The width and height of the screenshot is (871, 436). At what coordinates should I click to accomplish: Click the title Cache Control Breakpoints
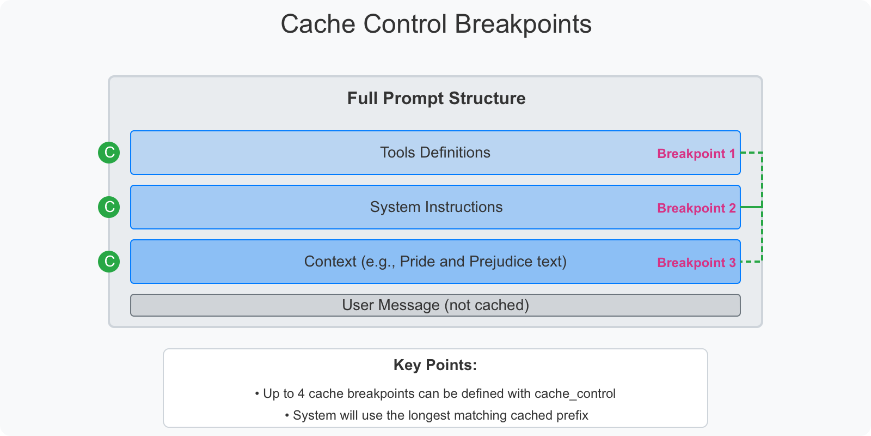click(x=436, y=24)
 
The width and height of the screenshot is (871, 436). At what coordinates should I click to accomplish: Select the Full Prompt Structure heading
click(x=436, y=98)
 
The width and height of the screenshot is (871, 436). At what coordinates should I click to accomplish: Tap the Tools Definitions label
click(x=435, y=153)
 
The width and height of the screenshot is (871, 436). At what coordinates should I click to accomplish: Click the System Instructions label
click(x=436, y=207)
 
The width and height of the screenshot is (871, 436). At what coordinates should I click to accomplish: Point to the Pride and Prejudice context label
click(x=435, y=262)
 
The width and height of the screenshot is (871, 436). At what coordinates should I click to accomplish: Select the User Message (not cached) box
click(x=436, y=305)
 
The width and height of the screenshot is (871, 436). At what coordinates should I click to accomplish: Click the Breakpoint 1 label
click(x=696, y=154)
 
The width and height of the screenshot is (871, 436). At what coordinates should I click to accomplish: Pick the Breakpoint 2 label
click(x=696, y=208)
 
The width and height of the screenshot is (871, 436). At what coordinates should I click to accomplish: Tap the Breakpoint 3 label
click(x=696, y=263)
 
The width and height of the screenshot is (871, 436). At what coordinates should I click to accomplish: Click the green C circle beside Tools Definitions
click(x=109, y=153)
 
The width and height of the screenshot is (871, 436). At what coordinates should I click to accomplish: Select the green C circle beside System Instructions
click(x=109, y=207)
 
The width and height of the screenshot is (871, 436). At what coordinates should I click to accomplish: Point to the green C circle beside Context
click(x=109, y=262)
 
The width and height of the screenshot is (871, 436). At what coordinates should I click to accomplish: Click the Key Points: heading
click(x=435, y=365)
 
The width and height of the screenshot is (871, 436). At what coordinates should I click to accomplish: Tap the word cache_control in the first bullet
click(x=575, y=394)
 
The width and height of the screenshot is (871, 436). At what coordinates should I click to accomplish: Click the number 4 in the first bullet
click(x=301, y=393)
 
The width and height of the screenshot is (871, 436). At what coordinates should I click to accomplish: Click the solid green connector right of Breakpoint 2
click(x=751, y=207)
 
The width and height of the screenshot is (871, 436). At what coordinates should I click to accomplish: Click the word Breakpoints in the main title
click(x=523, y=25)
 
